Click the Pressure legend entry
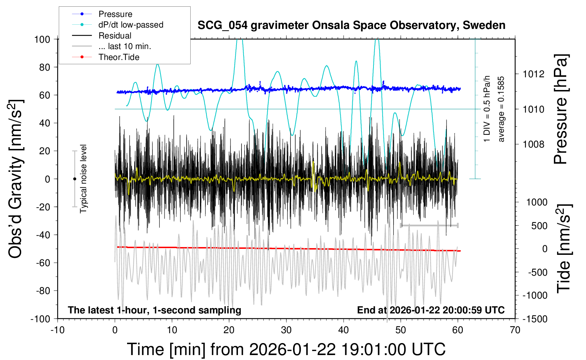[x=115, y=14]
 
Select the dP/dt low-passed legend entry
[x=131, y=25]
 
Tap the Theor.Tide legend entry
[x=119, y=57]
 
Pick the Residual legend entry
[x=115, y=36]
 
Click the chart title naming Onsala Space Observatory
[x=351, y=25]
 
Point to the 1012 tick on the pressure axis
[x=534, y=74]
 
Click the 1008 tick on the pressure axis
[x=534, y=144]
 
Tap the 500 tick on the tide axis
[x=539, y=226]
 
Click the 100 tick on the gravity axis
[x=42, y=39]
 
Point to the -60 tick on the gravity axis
[x=43, y=263]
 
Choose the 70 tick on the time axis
[x=515, y=330]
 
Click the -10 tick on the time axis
[x=58, y=330]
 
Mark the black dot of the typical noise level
[x=74, y=179]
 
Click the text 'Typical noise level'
[x=83, y=179]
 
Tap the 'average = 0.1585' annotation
[x=501, y=109]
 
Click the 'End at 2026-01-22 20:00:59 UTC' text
[x=431, y=310]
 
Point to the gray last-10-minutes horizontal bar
[x=429, y=225]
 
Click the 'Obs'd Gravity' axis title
[x=16, y=179]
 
